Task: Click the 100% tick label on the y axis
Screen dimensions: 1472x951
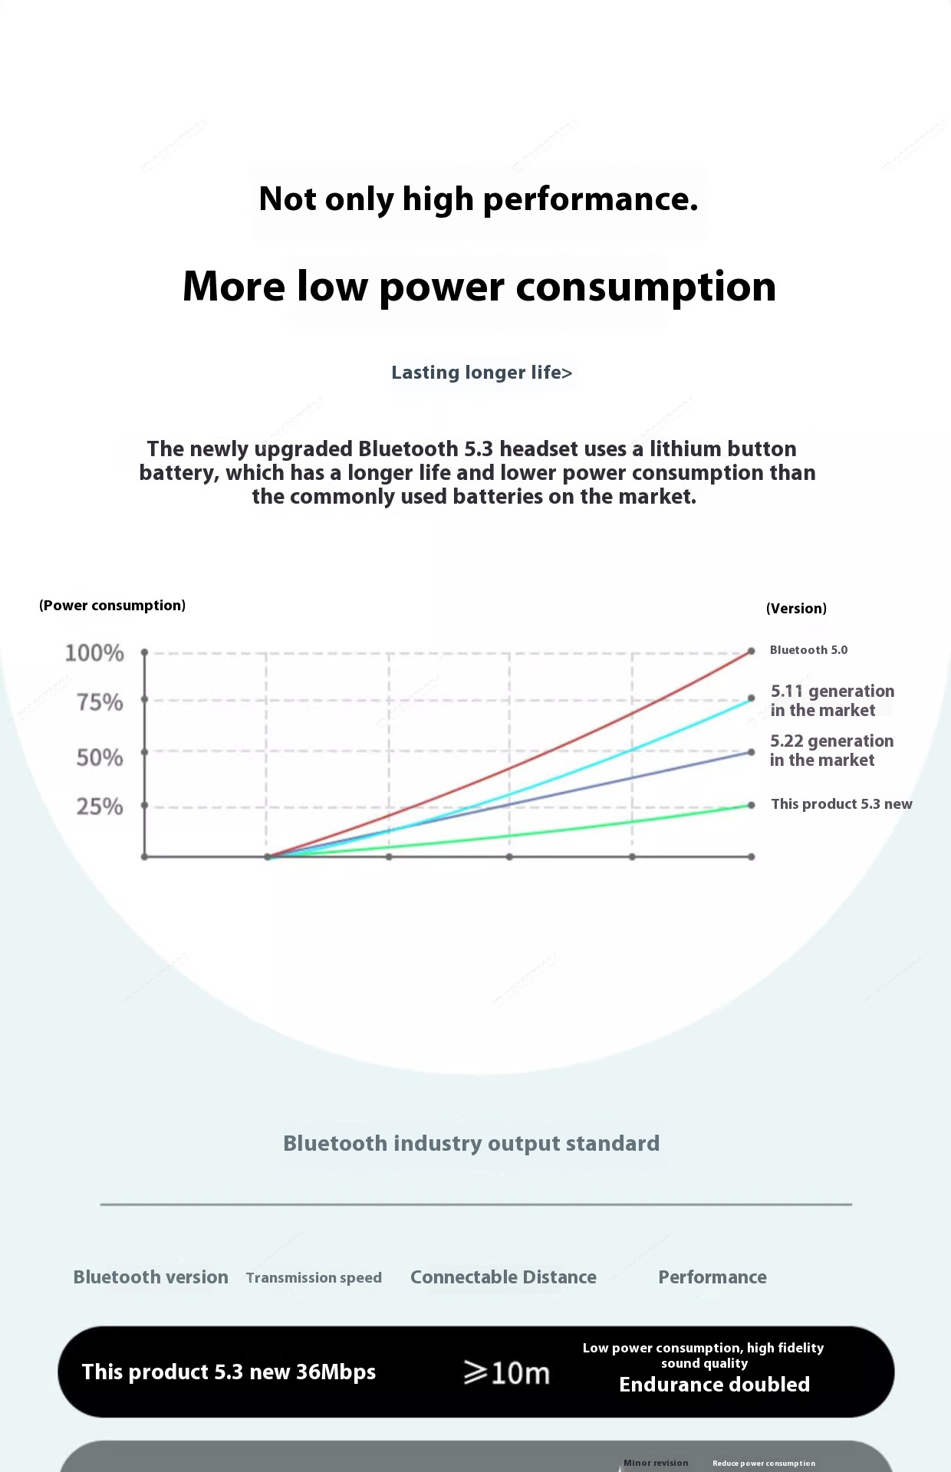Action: click(x=94, y=653)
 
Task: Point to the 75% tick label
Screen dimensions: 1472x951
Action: click(x=100, y=702)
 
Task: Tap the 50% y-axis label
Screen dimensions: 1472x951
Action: click(x=100, y=757)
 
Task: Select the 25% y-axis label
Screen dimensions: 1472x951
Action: click(x=100, y=807)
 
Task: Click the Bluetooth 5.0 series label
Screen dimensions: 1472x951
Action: click(x=808, y=650)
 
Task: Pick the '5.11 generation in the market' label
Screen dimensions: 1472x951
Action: click(x=831, y=701)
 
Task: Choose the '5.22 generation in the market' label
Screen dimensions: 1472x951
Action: click(x=831, y=751)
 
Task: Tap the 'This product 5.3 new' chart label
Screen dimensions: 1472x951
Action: click(x=841, y=804)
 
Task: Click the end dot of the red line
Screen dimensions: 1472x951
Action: click(x=752, y=651)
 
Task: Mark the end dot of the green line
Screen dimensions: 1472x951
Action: click(x=752, y=805)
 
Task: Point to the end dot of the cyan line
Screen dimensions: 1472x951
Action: click(x=752, y=698)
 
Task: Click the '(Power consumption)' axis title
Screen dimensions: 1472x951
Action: click(x=112, y=606)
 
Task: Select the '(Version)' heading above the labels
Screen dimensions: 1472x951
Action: click(x=796, y=609)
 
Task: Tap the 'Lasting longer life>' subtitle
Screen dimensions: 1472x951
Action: click(x=482, y=373)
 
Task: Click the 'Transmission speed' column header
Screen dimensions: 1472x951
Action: click(x=314, y=1278)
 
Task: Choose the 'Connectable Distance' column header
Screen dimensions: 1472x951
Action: click(x=503, y=1277)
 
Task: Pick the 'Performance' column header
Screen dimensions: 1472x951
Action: click(x=712, y=1277)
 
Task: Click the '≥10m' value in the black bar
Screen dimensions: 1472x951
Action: click(x=507, y=1373)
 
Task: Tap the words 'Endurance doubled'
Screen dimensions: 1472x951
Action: click(x=714, y=1385)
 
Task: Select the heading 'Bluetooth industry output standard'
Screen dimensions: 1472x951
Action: click(x=471, y=1144)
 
